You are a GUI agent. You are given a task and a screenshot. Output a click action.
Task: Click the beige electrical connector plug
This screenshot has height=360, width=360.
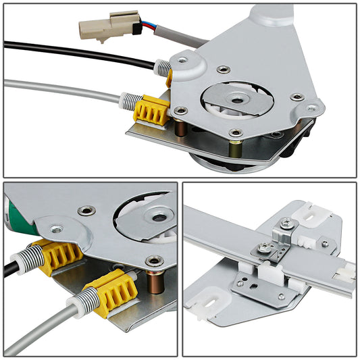(x=99, y=26)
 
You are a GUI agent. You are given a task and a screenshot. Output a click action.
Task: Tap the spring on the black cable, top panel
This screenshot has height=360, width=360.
(x=162, y=67)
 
